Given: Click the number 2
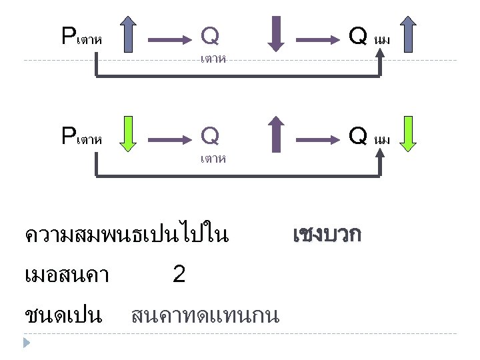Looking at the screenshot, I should [179, 273].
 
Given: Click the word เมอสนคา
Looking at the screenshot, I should [66, 274].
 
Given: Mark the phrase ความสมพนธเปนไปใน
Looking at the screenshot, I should [126, 235].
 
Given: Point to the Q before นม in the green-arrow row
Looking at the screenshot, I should [358, 136].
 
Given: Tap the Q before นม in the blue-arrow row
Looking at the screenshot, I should [358, 35].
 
